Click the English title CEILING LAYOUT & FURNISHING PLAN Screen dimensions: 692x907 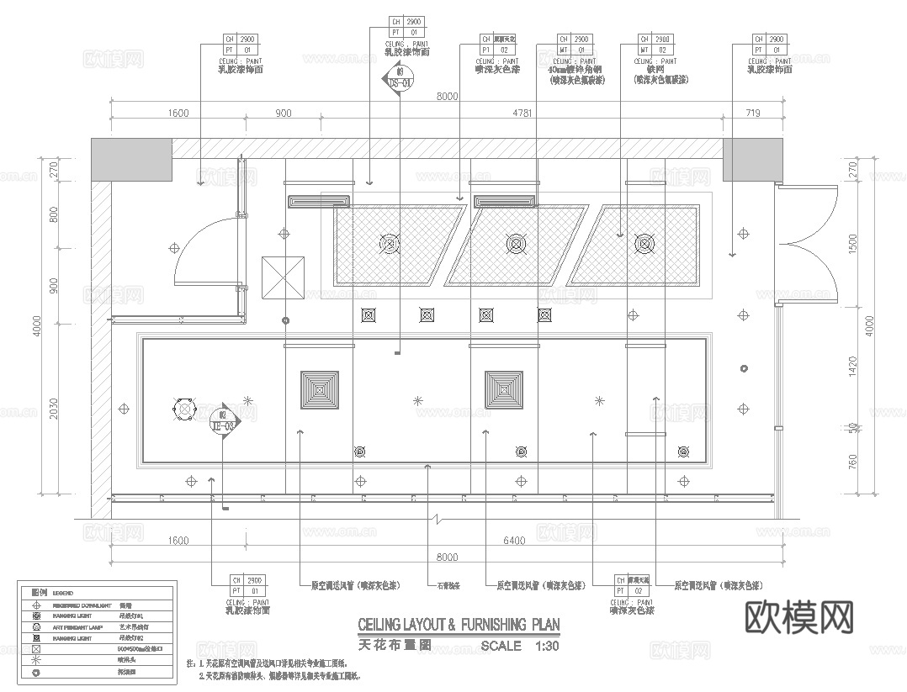click(458, 626)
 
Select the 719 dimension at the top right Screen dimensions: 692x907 click(751, 114)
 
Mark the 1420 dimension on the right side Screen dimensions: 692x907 click(852, 366)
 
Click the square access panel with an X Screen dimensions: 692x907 click(284, 277)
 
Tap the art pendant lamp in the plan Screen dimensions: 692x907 click(184, 409)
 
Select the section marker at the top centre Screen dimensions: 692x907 click(398, 82)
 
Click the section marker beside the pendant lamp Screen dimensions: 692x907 click(225, 420)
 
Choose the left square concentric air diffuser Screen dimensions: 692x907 click(321, 390)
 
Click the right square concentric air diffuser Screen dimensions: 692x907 click(504, 390)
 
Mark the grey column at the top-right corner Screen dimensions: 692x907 click(740, 160)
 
